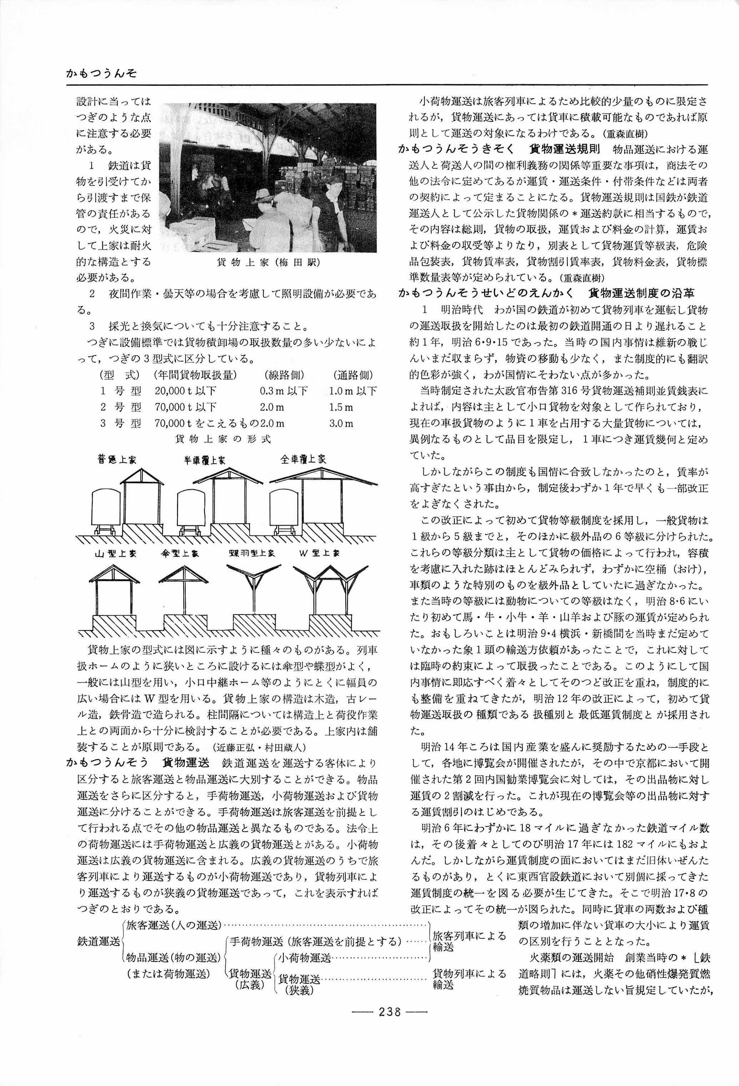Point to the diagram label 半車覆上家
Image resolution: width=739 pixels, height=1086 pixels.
coord(204,460)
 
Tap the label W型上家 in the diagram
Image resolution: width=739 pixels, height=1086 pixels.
coord(320,553)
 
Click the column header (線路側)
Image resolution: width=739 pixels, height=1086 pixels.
coord(284,375)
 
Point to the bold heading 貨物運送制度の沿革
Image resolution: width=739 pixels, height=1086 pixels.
coord(642,294)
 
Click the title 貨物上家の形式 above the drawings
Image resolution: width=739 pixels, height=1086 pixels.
coord(223,439)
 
